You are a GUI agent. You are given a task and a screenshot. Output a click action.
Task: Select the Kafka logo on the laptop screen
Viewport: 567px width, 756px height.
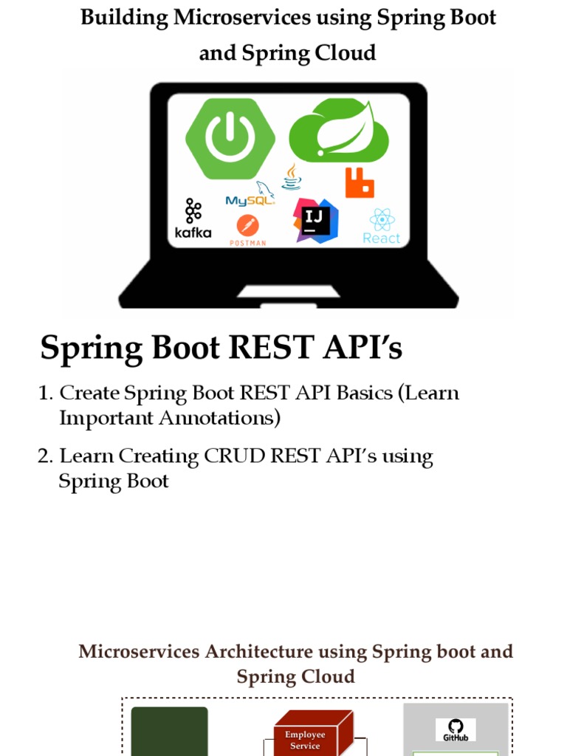[x=193, y=219]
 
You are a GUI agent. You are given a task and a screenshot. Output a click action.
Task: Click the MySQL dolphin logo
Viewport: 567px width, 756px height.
[x=251, y=195]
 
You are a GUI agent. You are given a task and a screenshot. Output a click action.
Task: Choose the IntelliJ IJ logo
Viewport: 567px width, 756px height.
[x=315, y=220]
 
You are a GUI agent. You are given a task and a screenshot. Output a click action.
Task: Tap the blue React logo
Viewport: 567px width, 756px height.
[x=382, y=226]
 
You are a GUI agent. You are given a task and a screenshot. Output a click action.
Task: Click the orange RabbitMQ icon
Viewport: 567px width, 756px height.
[x=360, y=182]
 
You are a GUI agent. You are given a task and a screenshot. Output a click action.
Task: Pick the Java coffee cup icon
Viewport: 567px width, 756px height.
[x=292, y=177]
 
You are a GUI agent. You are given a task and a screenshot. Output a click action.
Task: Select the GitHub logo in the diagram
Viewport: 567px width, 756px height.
[x=456, y=729]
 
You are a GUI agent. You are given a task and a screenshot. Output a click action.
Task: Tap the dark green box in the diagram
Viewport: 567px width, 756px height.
[x=169, y=731]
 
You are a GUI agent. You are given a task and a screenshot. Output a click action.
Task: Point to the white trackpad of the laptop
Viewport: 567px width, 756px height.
[x=289, y=292]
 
